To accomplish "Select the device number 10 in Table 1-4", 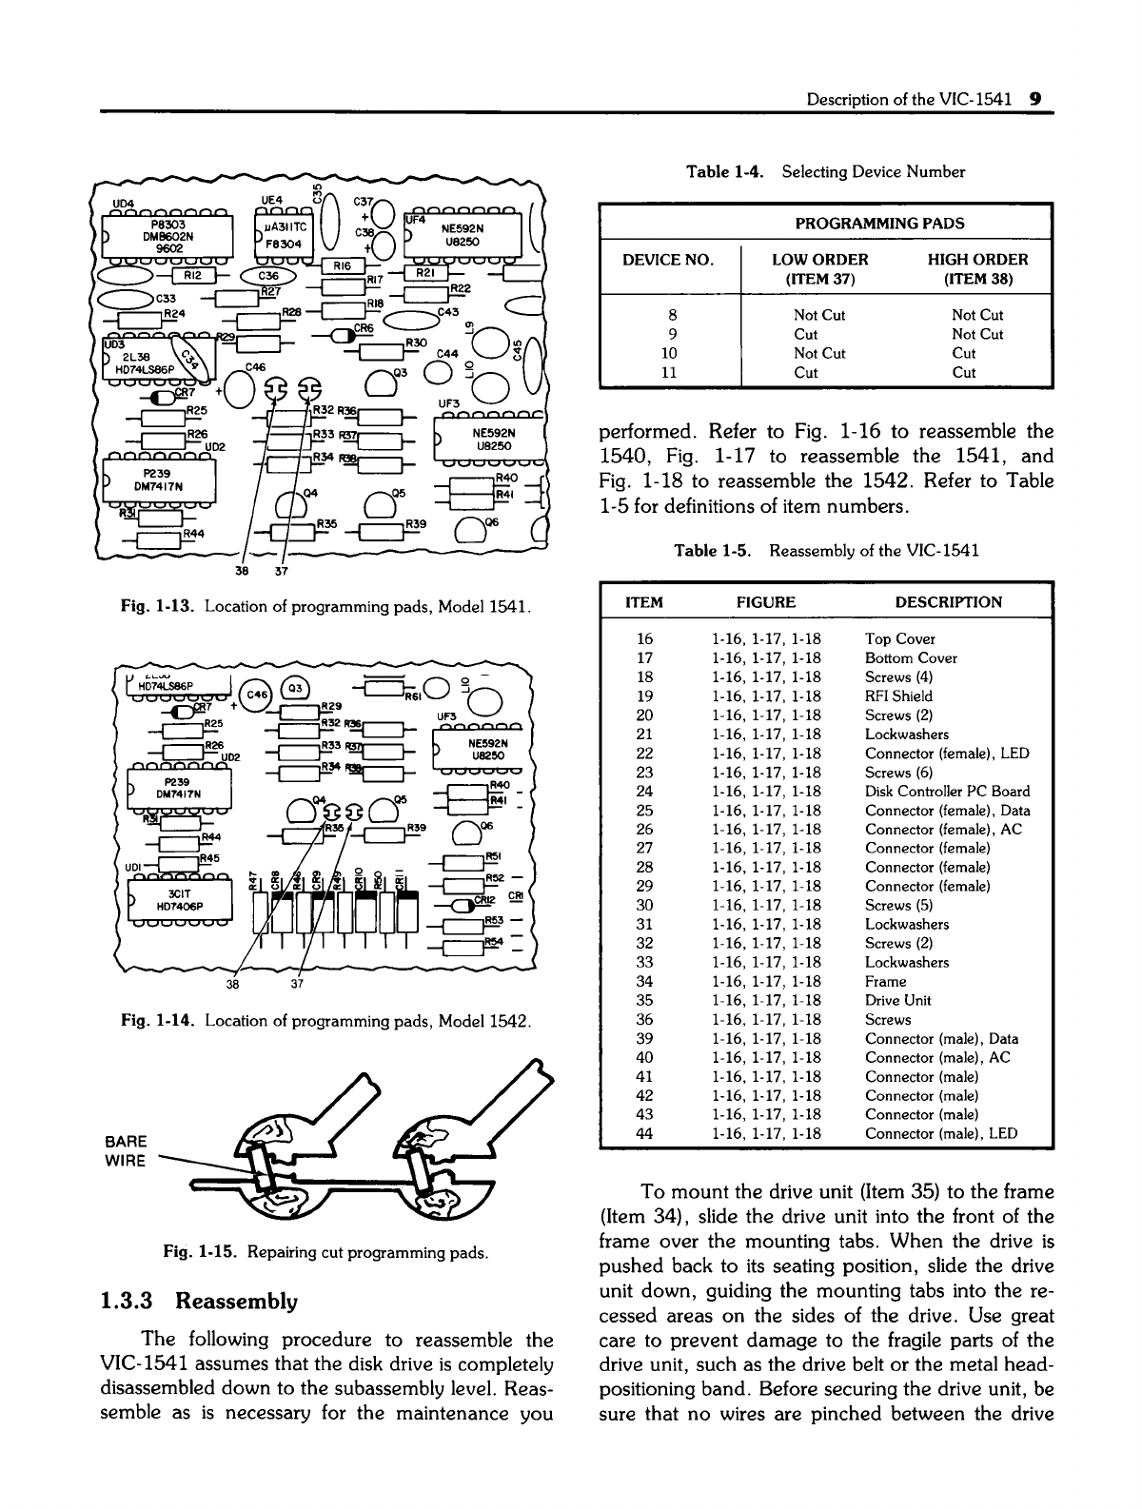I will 669,353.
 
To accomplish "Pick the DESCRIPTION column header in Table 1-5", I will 948,602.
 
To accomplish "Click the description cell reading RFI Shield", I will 898,696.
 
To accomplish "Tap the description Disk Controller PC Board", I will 947,792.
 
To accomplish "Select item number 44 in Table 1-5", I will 643,1134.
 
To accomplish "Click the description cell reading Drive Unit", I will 897,1001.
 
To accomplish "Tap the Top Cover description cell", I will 899,639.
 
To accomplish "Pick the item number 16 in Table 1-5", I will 643,639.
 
